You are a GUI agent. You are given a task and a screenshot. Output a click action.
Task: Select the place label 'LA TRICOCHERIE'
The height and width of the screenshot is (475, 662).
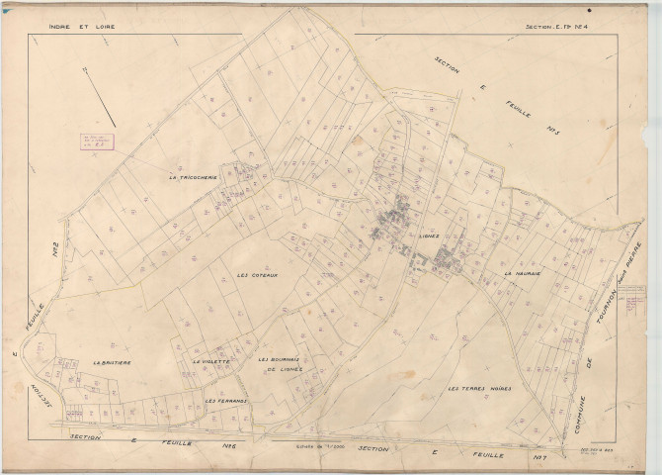193,178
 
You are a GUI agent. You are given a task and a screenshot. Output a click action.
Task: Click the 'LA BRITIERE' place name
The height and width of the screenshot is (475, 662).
112,363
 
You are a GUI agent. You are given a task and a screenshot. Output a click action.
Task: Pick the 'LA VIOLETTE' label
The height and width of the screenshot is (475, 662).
211,362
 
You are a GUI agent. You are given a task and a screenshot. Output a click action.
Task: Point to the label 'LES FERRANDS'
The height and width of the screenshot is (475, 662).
225,401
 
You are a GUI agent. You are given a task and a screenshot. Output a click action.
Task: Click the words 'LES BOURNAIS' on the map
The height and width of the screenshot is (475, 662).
279,359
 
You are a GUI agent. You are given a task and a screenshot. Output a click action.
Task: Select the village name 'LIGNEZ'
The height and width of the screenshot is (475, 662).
428,237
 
